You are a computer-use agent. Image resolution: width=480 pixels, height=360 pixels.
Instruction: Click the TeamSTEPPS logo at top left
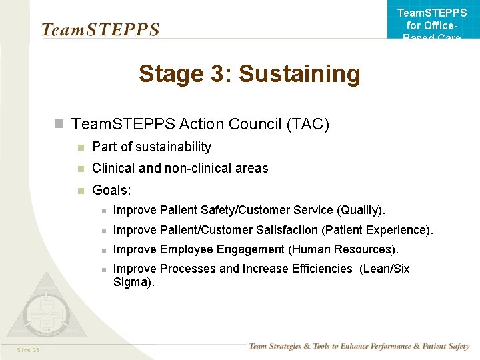[100, 29]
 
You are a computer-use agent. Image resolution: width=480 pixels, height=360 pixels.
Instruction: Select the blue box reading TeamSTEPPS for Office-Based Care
[433, 20]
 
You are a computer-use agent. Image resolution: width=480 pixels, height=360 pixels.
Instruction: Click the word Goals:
[111, 190]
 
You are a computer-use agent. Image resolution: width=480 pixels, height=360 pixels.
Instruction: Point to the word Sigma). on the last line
[134, 282]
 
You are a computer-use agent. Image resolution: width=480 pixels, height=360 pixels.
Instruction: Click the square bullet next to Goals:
[80, 191]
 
